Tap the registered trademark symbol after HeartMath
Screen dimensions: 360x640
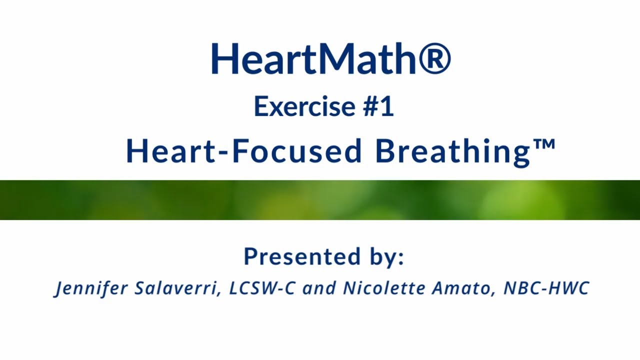coord(434,59)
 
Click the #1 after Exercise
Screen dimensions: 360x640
coord(378,106)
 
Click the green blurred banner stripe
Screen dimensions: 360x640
coord(320,200)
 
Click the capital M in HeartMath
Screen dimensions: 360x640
coord(337,59)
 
